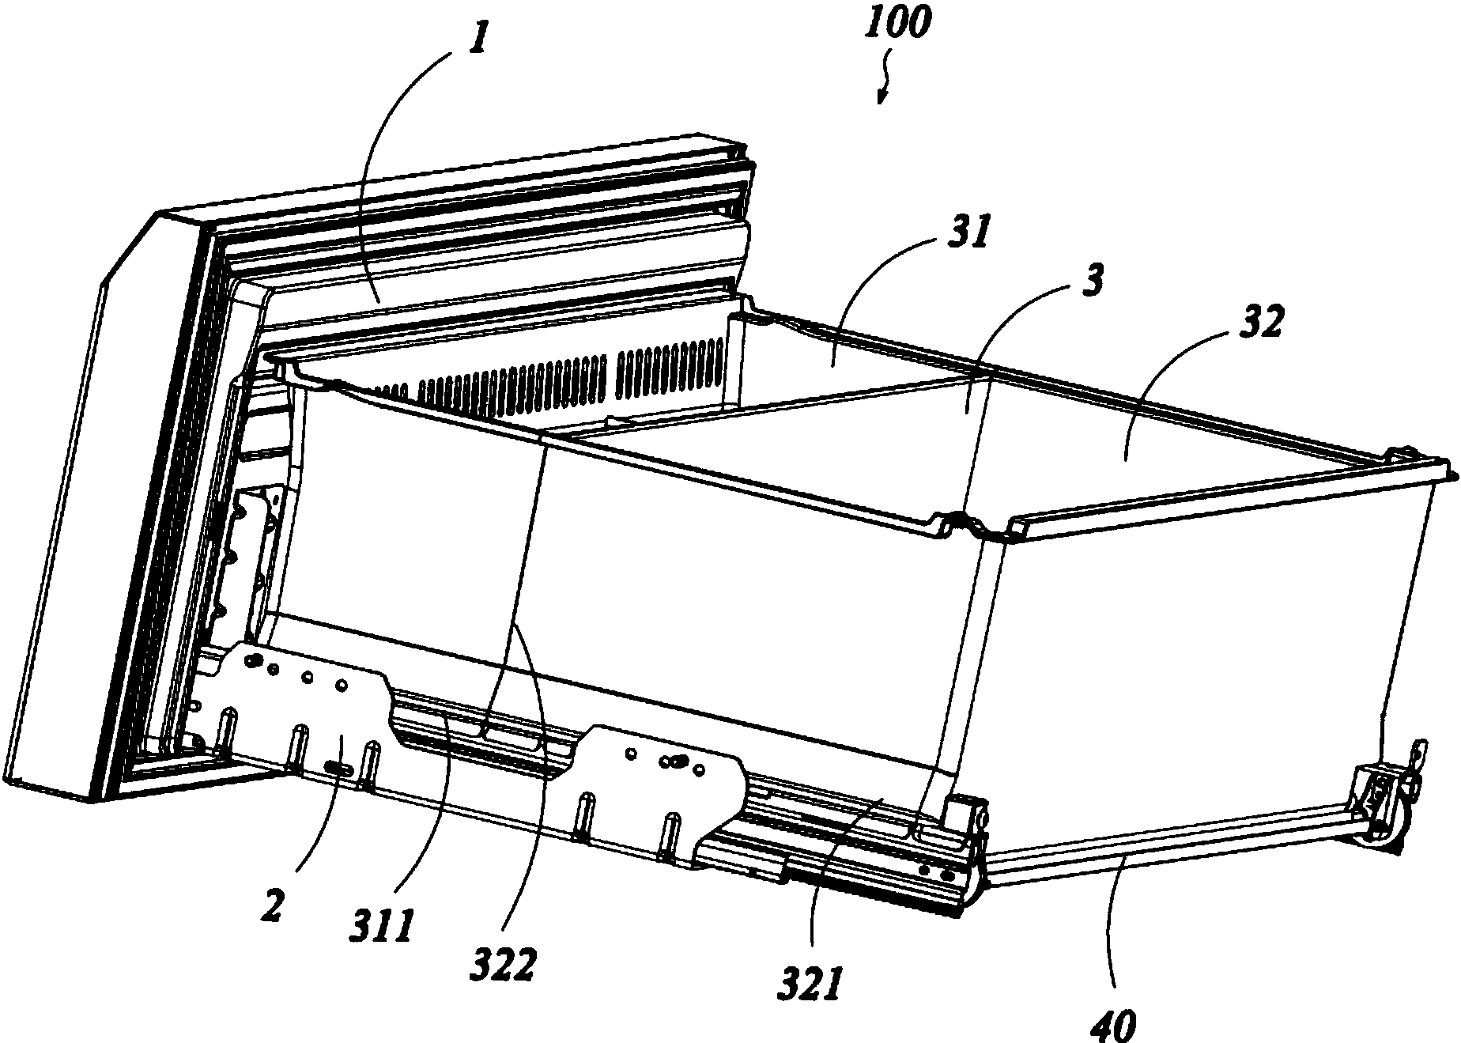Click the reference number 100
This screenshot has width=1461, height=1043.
point(897,26)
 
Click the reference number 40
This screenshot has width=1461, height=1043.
point(1114,1026)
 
